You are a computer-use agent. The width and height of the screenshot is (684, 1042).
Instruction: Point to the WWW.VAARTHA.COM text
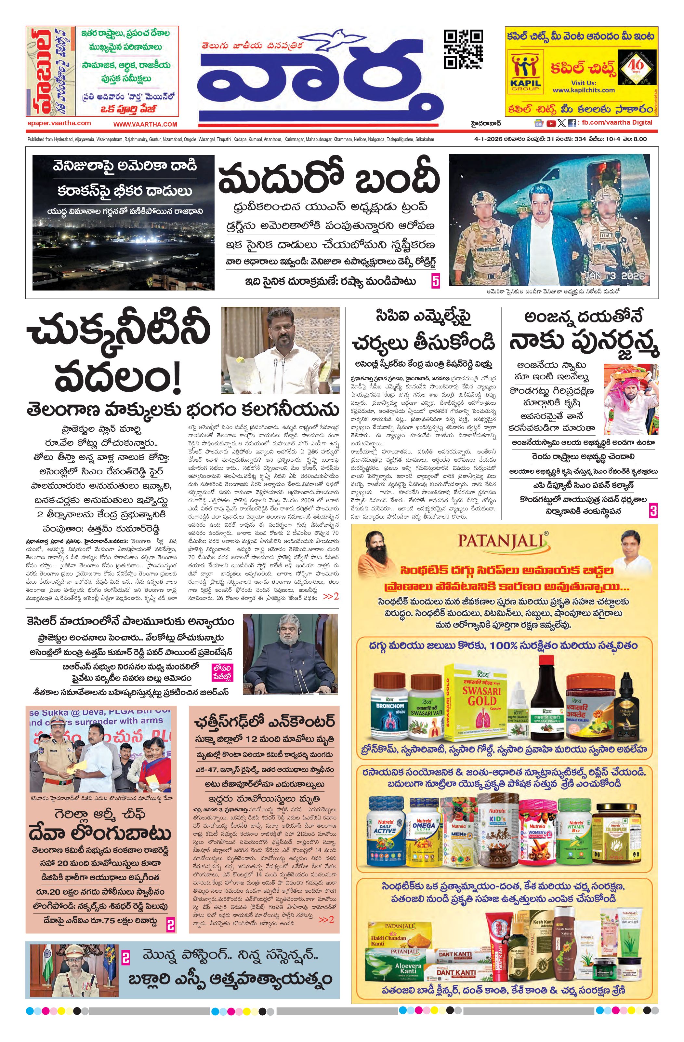point(145,124)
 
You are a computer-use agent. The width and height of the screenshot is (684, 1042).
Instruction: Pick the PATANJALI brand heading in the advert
point(503,540)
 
